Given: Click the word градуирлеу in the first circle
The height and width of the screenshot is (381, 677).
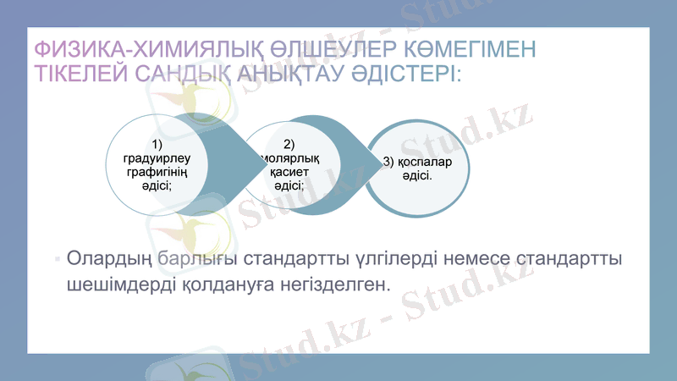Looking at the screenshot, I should pos(157,157).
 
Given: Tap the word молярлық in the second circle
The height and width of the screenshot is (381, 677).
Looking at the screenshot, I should pos(290,158).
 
